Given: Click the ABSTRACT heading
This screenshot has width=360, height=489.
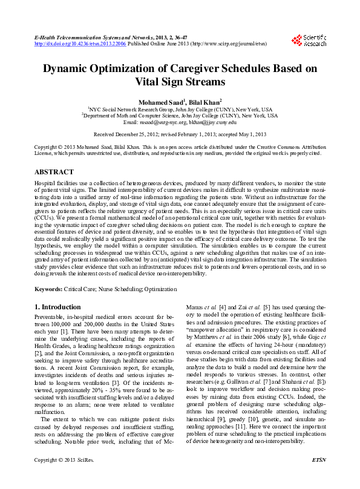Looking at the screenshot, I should pyautogui.click(x=54, y=172).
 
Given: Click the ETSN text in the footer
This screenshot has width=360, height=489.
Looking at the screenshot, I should pyautogui.click(x=318, y=477).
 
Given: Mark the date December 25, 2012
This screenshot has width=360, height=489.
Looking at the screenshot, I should pyautogui.click(x=136, y=134).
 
